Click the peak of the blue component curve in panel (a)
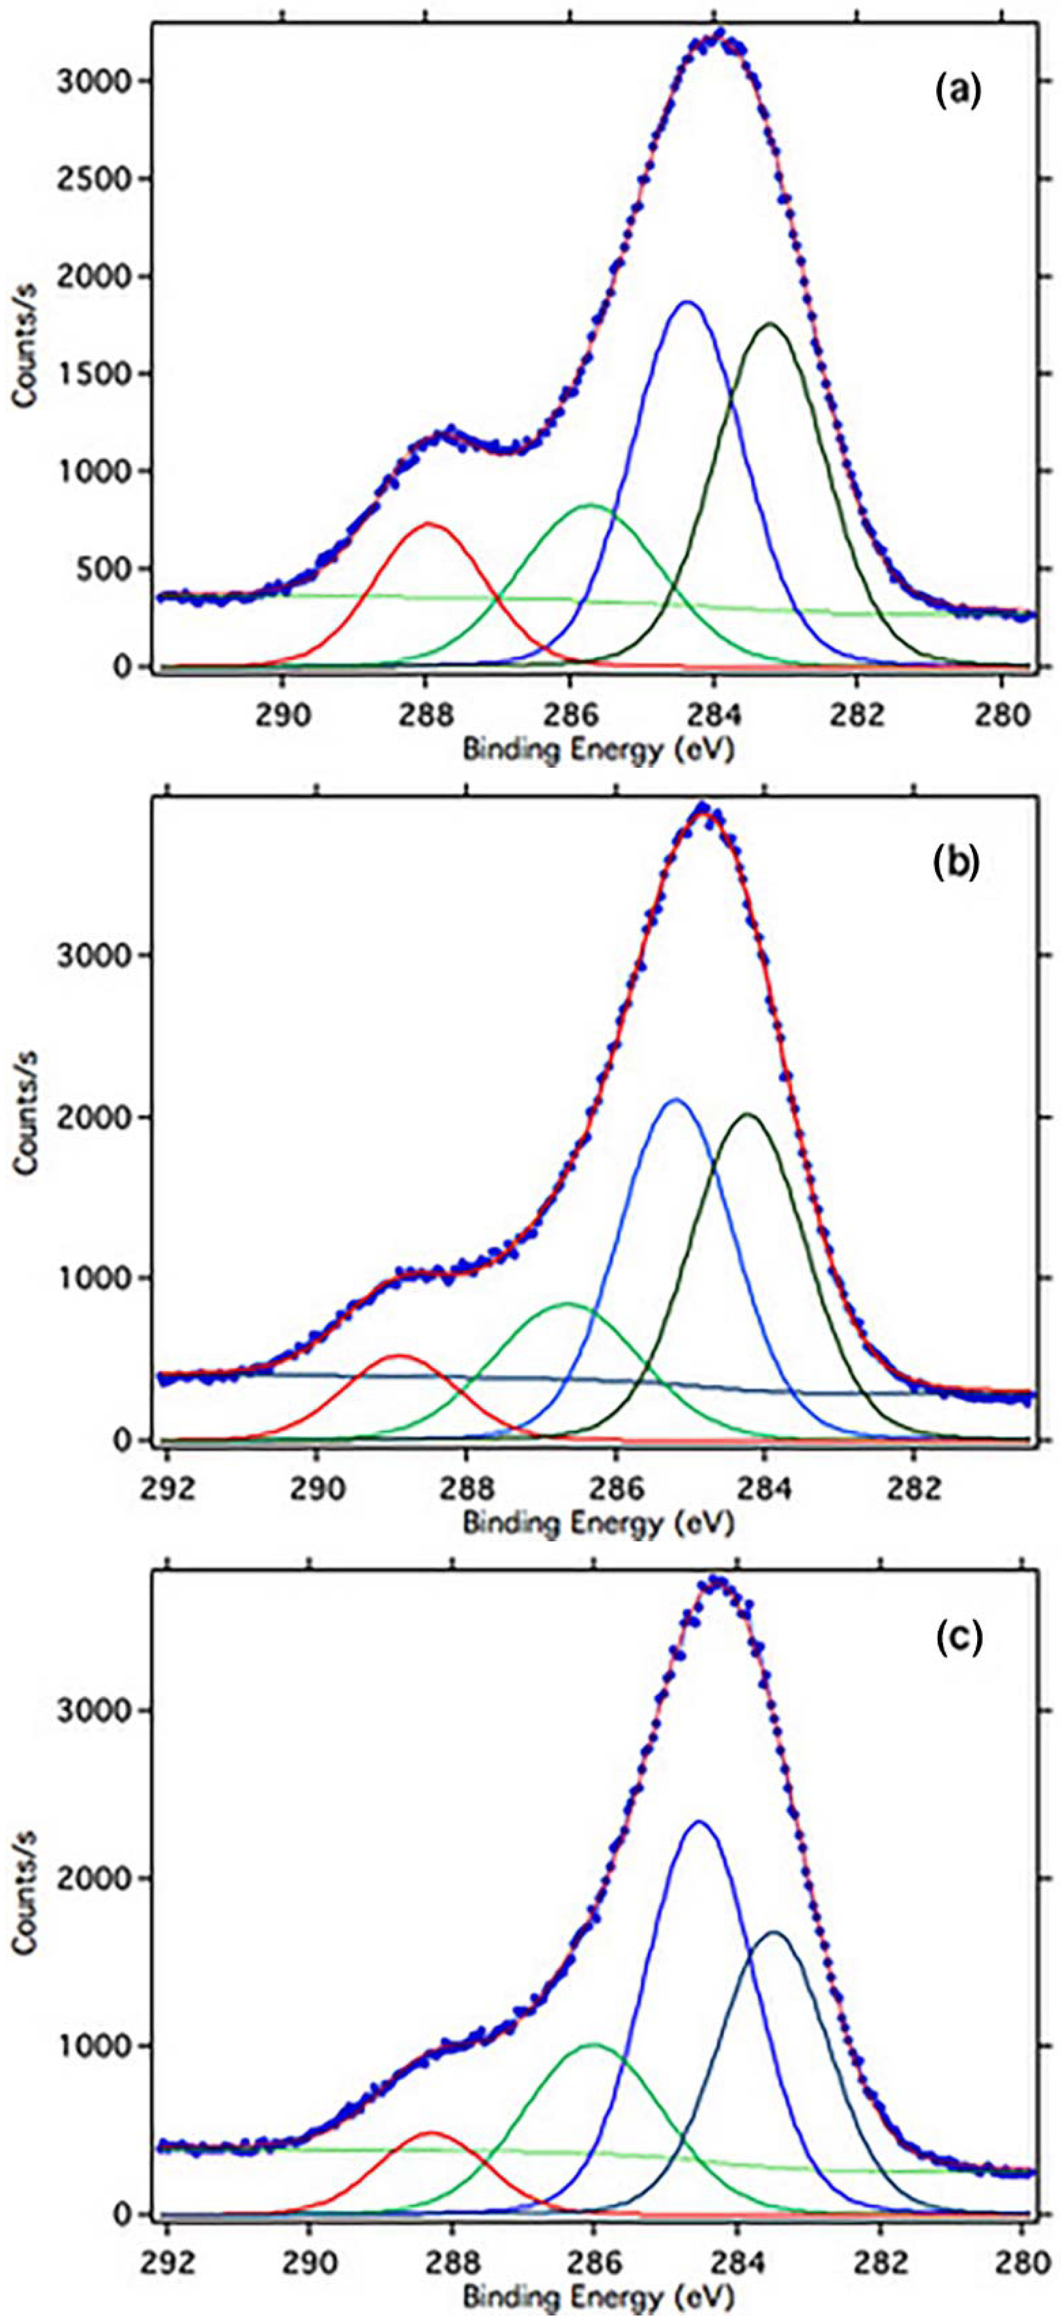tap(688, 302)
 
